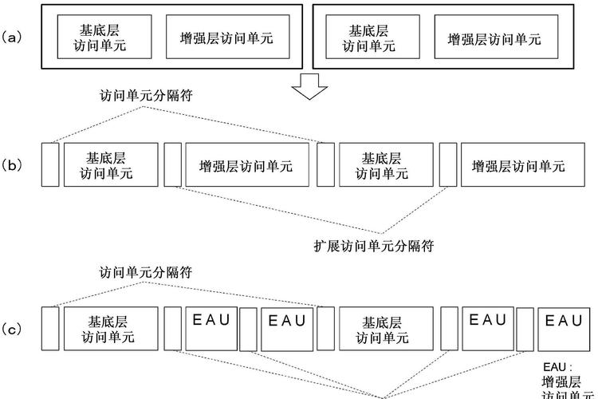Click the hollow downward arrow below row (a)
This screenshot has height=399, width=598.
pyautogui.click(x=307, y=85)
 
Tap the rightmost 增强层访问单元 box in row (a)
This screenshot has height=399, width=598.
pyautogui.click(x=494, y=38)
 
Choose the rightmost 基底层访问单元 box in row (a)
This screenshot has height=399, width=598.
pyautogui.click(x=368, y=38)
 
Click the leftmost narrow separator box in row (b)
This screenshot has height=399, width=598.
pyautogui.click(x=50, y=164)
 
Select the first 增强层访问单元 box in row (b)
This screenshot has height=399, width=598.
pyautogui.click(x=246, y=165)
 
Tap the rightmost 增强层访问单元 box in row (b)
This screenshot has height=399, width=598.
pyautogui.click(x=518, y=165)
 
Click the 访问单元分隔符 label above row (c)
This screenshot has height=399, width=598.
pyautogui.click(x=146, y=273)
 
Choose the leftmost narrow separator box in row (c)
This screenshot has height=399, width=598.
pyautogui.click(x=50, y=328)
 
